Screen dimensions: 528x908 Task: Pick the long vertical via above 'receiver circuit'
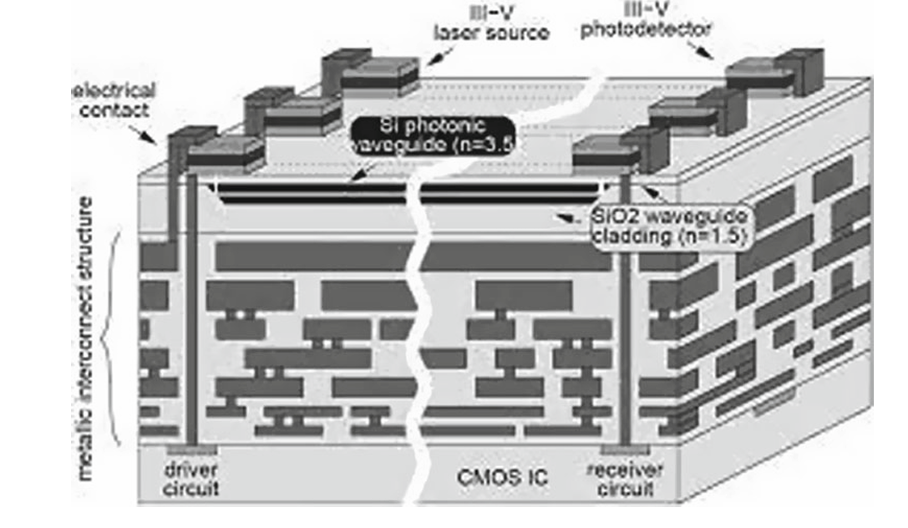625,309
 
